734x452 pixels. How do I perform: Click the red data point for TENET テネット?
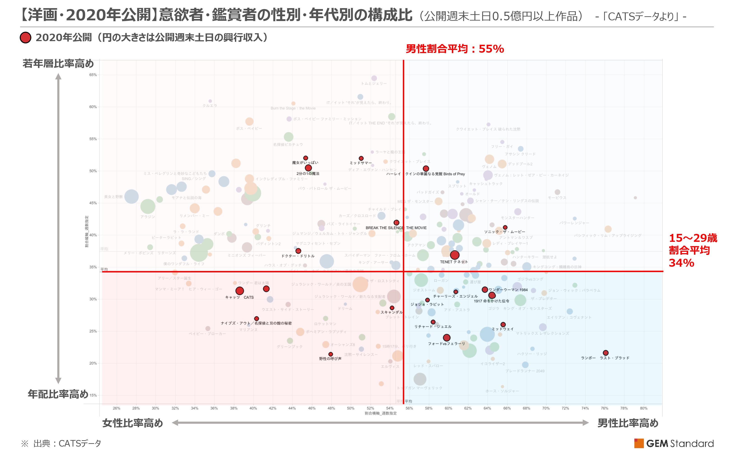pos(454,255)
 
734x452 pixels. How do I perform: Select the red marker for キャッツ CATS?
pos(239,291)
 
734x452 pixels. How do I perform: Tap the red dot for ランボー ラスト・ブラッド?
pos(605,353)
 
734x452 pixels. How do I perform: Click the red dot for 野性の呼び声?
pos(330,354)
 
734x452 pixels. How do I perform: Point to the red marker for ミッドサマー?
pos(361,158)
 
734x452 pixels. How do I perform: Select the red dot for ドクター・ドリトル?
pos(298,251)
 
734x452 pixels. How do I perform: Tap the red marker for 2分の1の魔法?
pos(308,168)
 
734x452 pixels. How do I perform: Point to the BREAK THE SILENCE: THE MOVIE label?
pos(396,228)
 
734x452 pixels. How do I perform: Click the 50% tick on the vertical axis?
pos(93,171)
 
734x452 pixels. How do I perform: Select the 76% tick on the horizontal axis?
pos(604,408)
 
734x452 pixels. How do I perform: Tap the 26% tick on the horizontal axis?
pos(117,408)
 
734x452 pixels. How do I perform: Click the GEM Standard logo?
pos(674,443)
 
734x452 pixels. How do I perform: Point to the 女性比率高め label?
pos(133,423)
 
